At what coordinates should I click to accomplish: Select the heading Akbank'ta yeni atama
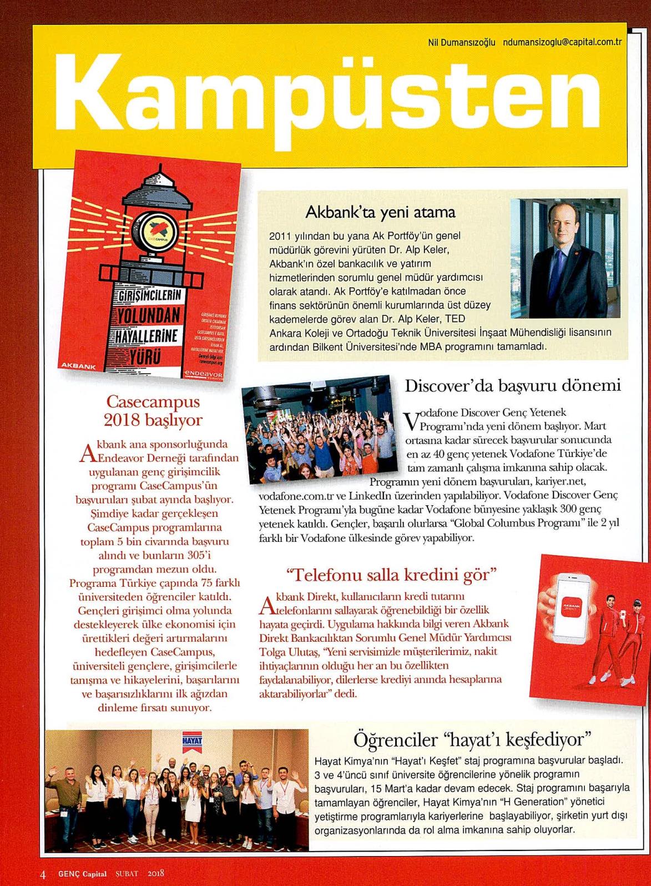coord(380,212)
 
